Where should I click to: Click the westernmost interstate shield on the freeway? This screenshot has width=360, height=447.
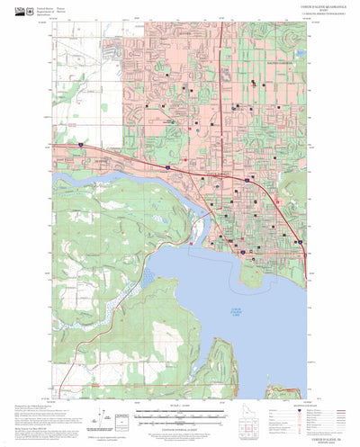point(79,144)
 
